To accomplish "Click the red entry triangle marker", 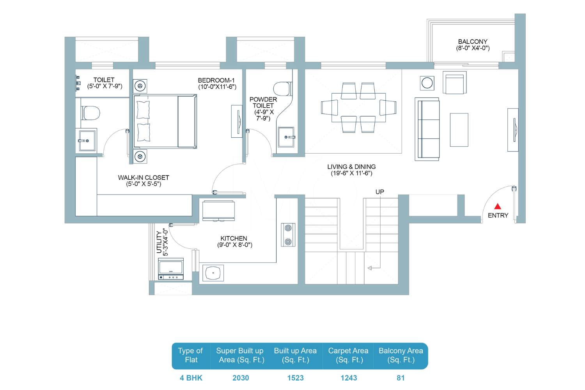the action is click(498, 206).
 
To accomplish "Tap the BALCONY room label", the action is click(473, 41).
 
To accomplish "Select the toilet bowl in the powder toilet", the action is click(282, 89).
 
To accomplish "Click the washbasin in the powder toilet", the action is click(286, 137).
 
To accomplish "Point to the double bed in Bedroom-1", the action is click(165, 121).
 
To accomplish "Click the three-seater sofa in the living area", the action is click(427, 129).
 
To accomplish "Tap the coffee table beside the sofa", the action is click(459, 130).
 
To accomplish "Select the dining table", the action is click(358, 107).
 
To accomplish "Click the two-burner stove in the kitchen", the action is click(288, 235).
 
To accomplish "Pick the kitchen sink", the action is click(213, 273).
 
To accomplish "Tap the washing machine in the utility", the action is click(171, 269).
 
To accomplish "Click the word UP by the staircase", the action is click(380, 192).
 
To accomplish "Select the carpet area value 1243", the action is click(349, 378).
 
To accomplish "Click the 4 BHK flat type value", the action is click(191, 378).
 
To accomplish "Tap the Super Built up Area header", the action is click(241, 355).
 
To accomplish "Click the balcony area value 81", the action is click(401, 378).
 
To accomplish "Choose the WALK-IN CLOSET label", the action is click(144, 177).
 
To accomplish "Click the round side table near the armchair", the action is click(427, 83).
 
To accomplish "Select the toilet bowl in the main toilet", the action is click(91, 113).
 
